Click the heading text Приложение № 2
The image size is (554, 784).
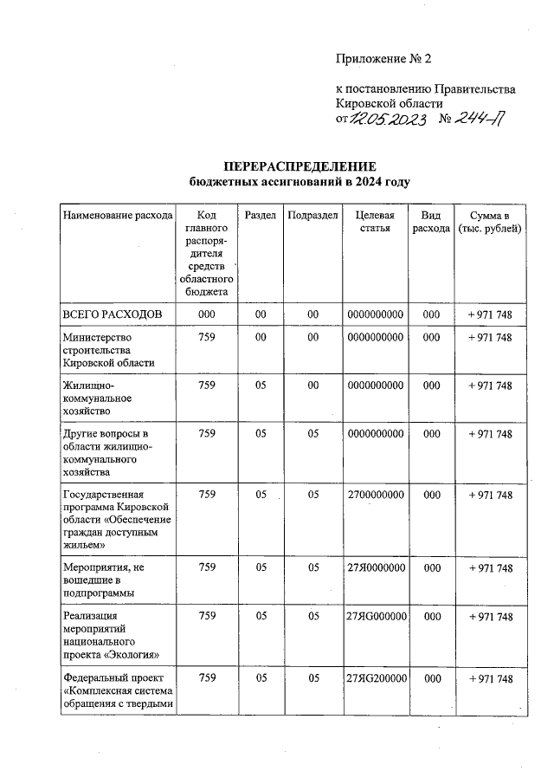click(x=383, y=59)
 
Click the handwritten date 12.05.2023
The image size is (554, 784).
click(x=387, y=120)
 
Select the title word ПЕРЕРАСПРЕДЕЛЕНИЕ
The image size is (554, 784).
click(x=300, y=166)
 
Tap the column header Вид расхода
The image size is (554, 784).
click(x=431, y=222)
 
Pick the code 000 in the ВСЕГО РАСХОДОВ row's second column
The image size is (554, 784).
click(x=207, y=313)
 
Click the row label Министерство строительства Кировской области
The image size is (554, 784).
click(x=108, y=350)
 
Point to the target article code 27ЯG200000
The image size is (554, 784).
click(x=375, y=677)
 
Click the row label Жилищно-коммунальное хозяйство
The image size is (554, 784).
click(x=96, y=398)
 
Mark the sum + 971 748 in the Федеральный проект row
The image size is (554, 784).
click(x=490, y=677)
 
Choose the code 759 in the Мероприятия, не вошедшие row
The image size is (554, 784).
click(x=207, y=567)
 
